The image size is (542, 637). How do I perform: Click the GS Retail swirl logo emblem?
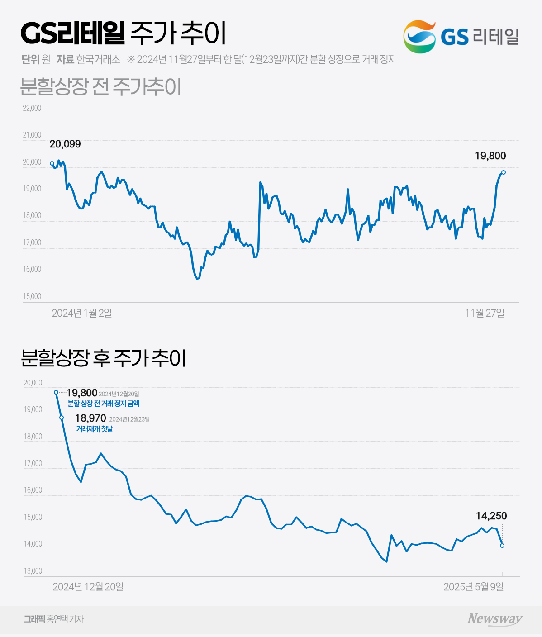(419, 36)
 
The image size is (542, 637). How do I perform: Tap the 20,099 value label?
(65, 144)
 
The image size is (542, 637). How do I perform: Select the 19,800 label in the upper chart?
(490, 156)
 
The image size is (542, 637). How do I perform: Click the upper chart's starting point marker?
(52, 163)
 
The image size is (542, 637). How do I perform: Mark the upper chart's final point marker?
(504, 172)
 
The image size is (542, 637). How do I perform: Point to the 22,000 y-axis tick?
(32, 108)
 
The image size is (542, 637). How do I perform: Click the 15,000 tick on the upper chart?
(32, 297)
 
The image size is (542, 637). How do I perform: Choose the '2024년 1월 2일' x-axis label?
(82, 313)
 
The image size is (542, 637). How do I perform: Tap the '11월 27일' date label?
(485, 313)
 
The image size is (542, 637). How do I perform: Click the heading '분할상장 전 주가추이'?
(101, 87)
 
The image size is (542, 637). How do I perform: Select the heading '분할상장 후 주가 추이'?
(104, 358)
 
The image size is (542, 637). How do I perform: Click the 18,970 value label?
(90, 418)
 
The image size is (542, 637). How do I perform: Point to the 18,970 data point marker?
(62, 418)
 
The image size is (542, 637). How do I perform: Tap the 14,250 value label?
(491, 516)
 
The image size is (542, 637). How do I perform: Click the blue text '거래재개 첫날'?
(95, 429)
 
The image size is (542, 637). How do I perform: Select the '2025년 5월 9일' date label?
(473, 587)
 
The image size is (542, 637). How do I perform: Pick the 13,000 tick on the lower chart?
(33, 571)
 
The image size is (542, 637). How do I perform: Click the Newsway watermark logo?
(495, 619)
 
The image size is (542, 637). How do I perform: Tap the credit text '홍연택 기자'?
(65, 619)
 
